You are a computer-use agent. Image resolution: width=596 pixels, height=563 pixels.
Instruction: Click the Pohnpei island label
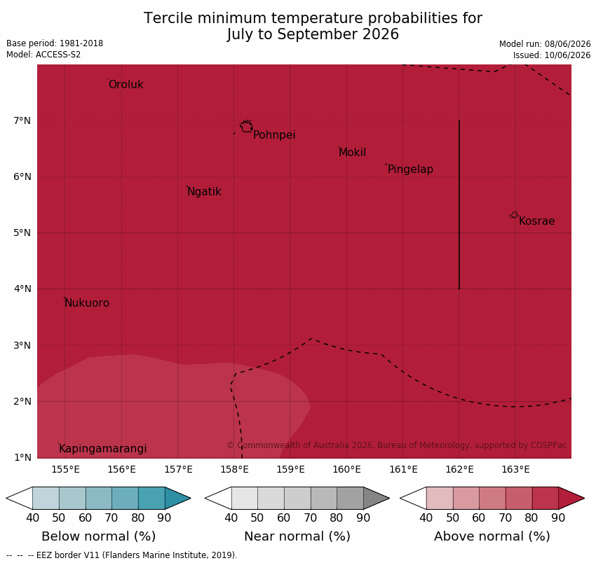click(274, 135)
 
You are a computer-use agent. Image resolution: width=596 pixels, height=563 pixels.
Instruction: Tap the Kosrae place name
click(536, 221)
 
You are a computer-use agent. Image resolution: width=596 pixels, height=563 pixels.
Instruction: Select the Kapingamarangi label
click(102, 449)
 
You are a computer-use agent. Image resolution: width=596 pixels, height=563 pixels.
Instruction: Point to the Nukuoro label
click(87, 303)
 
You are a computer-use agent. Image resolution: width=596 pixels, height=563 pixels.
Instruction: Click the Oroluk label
click(126, 84)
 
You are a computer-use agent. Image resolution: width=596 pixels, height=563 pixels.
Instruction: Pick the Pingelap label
click(410, 169)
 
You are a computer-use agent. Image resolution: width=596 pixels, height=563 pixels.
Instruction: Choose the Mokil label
click(353, 153)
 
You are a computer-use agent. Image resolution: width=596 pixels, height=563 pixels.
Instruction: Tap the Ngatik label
click(205, 192)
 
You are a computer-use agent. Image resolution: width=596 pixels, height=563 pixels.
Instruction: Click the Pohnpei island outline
click(246, 126)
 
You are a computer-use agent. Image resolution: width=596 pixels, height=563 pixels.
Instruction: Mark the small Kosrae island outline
click(513, 215)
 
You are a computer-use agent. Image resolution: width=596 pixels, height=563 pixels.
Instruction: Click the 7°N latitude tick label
click(22, 120)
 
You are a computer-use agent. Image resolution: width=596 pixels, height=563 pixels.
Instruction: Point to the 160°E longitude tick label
click(346, 470)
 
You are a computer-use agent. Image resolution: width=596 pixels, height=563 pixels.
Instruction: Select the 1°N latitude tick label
click(22, 457)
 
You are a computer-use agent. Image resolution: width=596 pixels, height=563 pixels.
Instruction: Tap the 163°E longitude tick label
click(515, 470)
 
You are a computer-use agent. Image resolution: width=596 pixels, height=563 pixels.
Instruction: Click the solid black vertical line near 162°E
click(459, 204)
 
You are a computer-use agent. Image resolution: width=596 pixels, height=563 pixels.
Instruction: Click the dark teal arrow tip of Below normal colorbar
click(191, 498)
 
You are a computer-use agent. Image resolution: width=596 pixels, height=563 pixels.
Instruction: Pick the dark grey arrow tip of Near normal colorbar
click(389, 498)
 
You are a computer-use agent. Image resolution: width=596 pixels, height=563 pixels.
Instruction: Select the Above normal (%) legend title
click(492, 536)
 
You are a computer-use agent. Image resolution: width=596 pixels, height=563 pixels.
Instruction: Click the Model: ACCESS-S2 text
click(43, 55)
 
